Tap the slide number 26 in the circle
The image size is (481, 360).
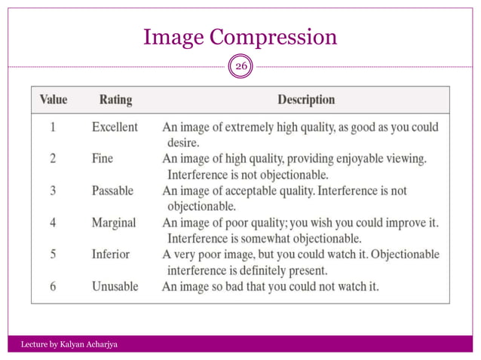240,67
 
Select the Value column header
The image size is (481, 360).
54,99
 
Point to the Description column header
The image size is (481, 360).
306,99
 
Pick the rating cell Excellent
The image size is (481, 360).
115,127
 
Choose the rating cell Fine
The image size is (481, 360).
104,159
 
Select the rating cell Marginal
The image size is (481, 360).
114,223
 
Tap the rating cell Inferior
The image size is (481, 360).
110,255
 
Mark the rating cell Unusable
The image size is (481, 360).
114,286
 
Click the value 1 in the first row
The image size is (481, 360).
53,127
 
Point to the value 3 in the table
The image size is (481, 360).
53,191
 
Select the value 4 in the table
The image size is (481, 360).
53,223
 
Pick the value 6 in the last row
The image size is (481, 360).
53,286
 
